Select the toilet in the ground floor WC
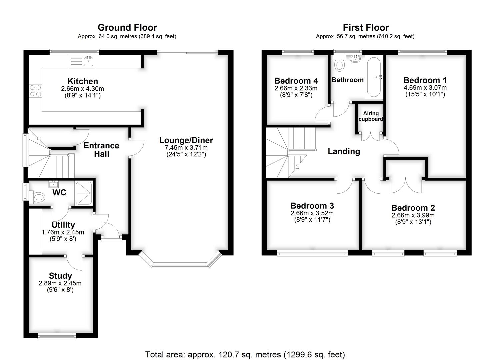[x=37, y=197]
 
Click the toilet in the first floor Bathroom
[x=340, y=64]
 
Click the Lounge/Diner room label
[x=186, y=140]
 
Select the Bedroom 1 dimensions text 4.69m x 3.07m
[x=425, y=88]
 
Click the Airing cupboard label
[x=371, y=116]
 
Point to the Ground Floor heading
[x=127, y=27]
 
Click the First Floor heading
[x=366, y=27]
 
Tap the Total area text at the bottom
[x=245, y=354]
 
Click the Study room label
[x=60, y=276]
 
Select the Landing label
[x=344, y=151]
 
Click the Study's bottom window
[x=57, y=336]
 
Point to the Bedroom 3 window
[x=312, y=253]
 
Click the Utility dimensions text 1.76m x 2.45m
[x=63, y=232]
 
